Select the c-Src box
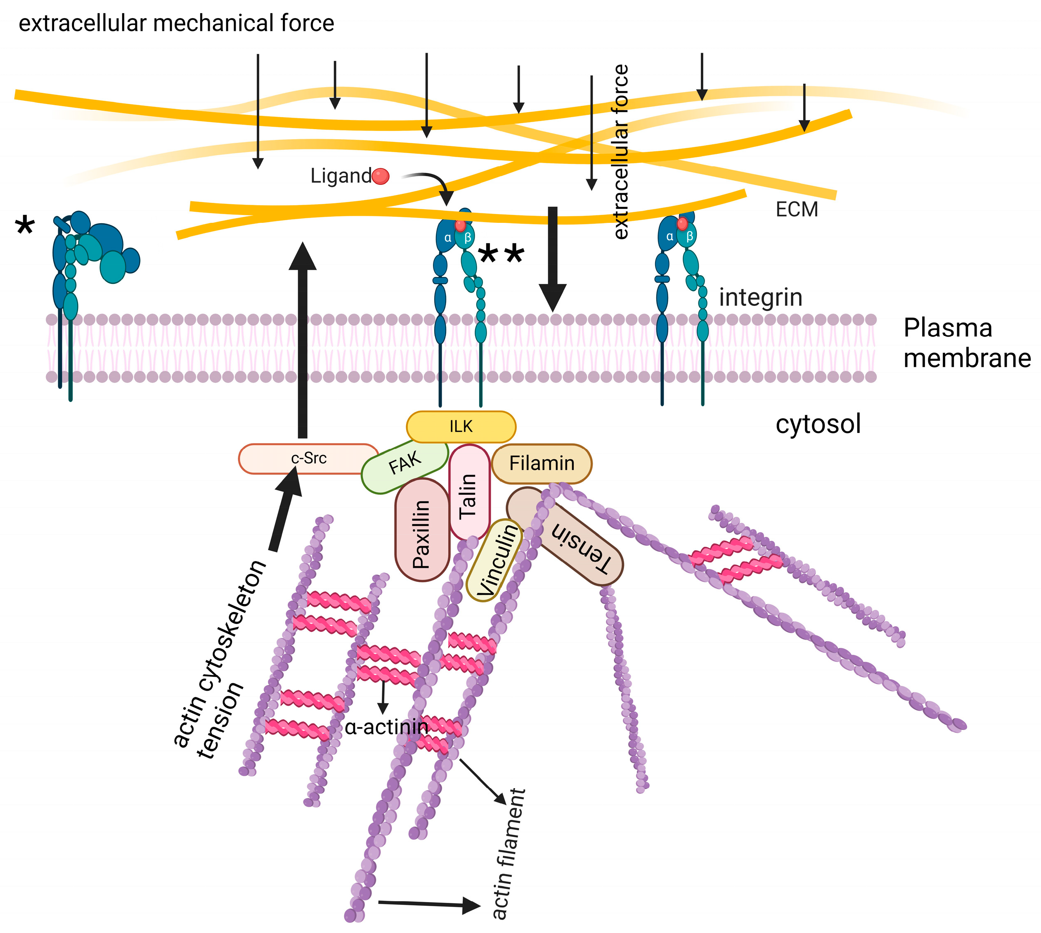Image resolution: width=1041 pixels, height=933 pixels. [308, 458]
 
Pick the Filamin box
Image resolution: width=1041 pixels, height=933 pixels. [542, 463]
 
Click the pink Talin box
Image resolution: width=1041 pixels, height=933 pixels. [469, 492]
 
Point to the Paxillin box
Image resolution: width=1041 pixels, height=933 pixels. [421, 531]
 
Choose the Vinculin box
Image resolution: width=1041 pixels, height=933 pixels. [493, 560]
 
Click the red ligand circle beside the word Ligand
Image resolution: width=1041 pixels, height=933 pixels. [381, 176]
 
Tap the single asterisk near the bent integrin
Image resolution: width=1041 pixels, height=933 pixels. [25, 226]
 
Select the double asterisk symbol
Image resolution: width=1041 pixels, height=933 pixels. [501, 254]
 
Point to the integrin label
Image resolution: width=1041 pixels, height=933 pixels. [760, 298]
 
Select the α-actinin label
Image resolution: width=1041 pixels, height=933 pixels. [387, 727]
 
